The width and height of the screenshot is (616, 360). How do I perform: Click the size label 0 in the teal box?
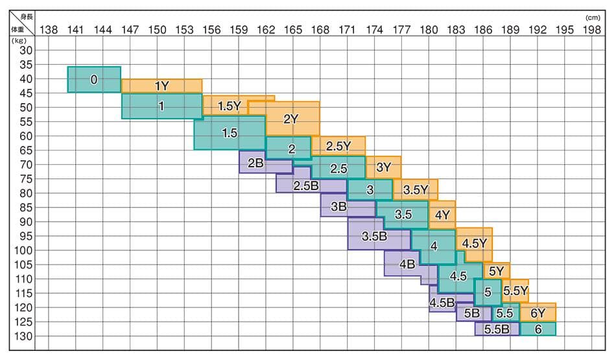pos(94,80)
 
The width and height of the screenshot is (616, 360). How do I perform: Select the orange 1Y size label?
pos(161,86)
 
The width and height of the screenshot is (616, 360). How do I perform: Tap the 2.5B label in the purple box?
pos(305,186)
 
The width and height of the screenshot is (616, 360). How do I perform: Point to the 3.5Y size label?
pos(416,190)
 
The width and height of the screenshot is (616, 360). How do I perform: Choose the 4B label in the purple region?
pos(407,264)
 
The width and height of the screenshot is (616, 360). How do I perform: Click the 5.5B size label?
pos(496,329)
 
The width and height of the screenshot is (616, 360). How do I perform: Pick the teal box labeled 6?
pos(538,329)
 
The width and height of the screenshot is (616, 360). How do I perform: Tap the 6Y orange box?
pos(538,313)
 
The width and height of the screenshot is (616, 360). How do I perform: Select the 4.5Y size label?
pos(475,243)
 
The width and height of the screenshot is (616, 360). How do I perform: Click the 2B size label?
pos(255,163)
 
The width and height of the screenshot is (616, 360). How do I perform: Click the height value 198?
pos(591,29)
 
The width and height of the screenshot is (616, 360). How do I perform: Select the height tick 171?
pos(347,29)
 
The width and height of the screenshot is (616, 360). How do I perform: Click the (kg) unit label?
pos(18,40)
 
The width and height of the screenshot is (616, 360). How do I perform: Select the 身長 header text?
pos(27,17)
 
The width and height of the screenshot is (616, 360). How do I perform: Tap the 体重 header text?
pos(15,29)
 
